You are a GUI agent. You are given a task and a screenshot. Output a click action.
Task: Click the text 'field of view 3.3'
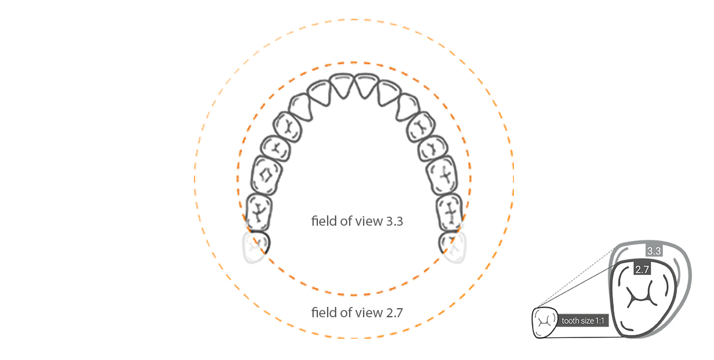click(357, 221)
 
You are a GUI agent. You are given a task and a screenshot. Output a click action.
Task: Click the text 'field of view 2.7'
click(357, 313)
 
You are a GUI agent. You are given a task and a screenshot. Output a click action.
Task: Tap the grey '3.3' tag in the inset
click(654, 251)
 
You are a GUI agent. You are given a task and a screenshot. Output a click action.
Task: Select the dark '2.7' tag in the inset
click(641, 269)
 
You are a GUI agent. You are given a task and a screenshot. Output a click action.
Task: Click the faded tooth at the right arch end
click(454, 247)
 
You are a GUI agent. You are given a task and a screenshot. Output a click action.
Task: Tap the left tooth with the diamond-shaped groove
click(266, 176)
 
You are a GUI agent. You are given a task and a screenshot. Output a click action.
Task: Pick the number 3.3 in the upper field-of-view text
click(394, 221)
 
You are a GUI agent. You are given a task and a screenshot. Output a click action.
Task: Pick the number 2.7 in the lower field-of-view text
click(394, 313)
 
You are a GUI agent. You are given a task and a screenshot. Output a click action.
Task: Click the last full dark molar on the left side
click(259, 212)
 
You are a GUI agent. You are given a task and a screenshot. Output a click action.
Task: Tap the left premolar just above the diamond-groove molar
click(276, 147)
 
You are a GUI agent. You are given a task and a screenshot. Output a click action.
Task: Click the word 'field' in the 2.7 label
click(322, 313)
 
